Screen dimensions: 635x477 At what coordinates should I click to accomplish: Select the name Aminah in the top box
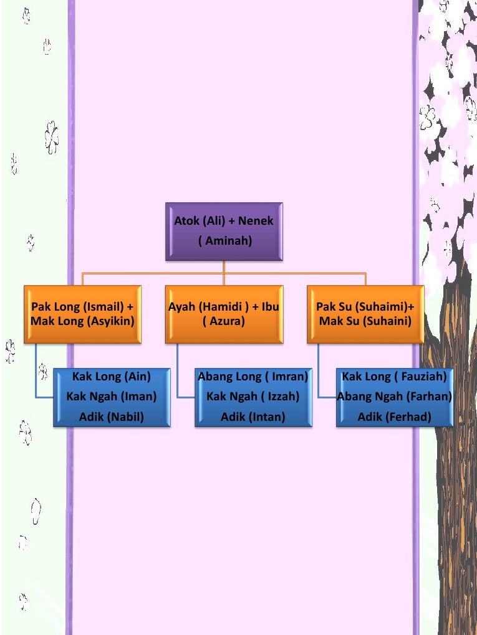[x=225, y=241]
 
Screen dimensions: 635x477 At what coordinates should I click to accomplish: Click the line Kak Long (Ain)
[x=112, y=377]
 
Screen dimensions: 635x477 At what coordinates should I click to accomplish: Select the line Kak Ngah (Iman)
[x=112, y=397]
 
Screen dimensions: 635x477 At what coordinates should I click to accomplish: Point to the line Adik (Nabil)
[x=112, y=416]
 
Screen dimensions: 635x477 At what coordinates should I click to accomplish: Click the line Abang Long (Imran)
[x=253, y=377]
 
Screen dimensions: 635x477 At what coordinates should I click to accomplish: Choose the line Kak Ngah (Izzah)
[x=253, y=397]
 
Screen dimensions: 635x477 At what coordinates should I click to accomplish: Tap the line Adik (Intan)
[x=253, y=416]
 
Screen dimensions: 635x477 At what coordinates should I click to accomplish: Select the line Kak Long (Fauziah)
[x=395, y=377]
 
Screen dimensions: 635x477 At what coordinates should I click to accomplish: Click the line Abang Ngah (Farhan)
[x=395, y=397]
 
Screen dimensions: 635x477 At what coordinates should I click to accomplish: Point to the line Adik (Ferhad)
[x=395, y=416]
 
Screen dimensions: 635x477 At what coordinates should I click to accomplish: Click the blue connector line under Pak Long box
[x=36, y=374]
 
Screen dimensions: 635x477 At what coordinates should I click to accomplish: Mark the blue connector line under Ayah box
[x=178, y=374]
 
